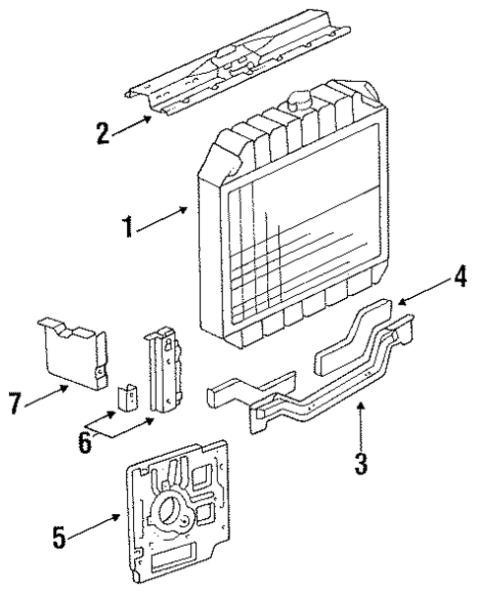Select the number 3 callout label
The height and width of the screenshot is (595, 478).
(361, 462)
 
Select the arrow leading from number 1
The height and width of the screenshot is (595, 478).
(162, 219)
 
